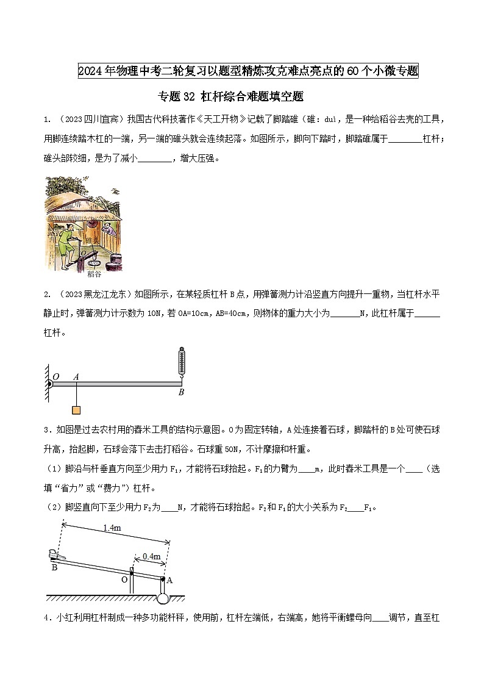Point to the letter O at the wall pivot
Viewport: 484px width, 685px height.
click(55, 377)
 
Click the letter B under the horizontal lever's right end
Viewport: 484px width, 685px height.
click(181, 393)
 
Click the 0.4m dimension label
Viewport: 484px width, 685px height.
click(151, 556)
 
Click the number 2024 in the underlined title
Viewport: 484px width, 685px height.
click(90, 71)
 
